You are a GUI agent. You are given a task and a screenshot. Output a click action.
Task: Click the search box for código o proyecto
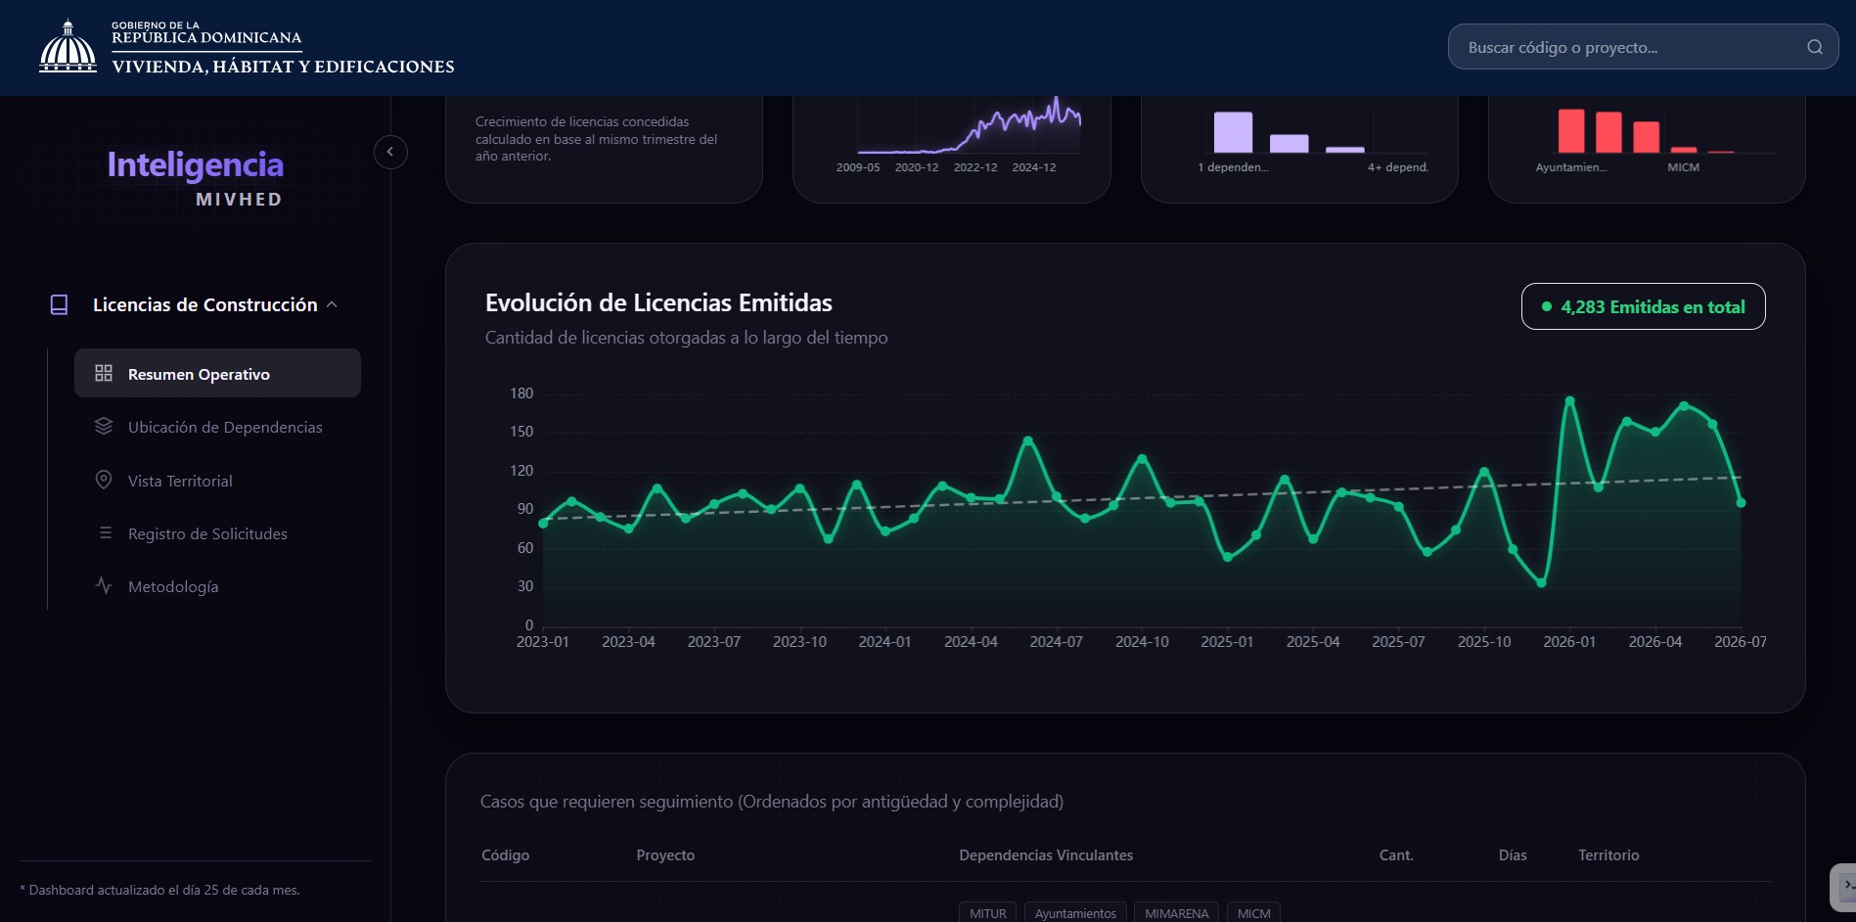[1643, 47]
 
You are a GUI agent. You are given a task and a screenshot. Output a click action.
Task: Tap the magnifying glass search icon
[1815, 47]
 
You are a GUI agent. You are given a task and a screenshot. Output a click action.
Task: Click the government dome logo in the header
[68, 46]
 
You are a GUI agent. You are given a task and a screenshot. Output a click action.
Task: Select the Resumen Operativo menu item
[217, 374]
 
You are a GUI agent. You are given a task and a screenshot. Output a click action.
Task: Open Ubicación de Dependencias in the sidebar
[224, 427]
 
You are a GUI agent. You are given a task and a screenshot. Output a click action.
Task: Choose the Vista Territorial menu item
[180, 481]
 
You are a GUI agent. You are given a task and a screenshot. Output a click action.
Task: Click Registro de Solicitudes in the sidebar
[207, 533]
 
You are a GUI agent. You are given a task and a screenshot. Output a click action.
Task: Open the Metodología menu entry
[173, 586]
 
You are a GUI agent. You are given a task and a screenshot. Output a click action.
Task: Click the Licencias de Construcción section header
[204, 304]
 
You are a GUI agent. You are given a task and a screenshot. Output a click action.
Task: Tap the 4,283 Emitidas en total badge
[1644, 306]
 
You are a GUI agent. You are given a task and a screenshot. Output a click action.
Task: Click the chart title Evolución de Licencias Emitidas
[658, 302]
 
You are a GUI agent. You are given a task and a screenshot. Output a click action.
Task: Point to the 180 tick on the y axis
[521, 393]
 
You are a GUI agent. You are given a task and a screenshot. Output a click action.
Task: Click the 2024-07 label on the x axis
[1057, 642]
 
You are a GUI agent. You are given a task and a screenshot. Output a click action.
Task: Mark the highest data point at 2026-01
[1569, 400]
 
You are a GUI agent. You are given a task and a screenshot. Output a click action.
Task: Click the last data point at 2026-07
[1741, 503]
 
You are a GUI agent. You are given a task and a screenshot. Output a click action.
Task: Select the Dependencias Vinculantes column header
[1046, 855]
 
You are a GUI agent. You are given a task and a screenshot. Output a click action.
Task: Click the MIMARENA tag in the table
[1176, 913]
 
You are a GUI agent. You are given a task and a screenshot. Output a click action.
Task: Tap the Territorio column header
[1608, 855]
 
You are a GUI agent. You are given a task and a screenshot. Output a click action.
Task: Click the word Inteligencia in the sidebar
[195, 164]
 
